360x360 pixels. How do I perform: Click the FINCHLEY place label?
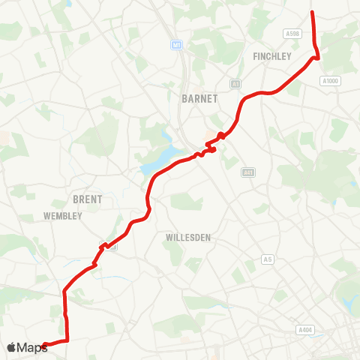[272, 56]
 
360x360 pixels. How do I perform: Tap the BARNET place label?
[199, 98]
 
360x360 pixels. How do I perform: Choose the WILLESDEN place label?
[187, 237]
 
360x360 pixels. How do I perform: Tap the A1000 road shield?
[329, 81]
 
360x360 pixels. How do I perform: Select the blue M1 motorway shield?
[177, 44]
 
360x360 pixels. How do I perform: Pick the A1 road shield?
[235, 83]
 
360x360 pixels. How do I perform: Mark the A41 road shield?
[248, 172]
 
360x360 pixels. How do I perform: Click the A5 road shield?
[267, 259]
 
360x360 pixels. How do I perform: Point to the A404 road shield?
[304, 329]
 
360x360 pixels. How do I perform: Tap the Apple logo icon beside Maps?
[12, 347]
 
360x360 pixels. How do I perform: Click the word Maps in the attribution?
[32, 347]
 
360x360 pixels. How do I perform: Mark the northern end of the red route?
[311, 11]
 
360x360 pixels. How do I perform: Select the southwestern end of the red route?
[44, 346]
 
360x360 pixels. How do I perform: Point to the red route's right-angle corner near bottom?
[67, 340]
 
